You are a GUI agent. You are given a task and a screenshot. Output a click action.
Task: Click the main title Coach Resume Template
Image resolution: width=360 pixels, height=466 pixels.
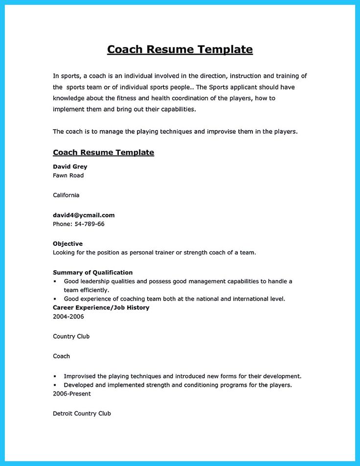pos(180,49)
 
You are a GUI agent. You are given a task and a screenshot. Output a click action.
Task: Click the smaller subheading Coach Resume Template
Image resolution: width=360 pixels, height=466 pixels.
pos(103,153)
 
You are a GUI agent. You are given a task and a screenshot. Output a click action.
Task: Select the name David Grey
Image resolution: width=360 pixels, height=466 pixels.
pos(70,166)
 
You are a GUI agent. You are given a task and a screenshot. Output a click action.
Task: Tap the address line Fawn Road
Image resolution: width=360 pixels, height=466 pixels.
pos(68,175)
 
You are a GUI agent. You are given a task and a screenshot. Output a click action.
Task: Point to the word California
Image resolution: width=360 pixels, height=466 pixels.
pos(66,195)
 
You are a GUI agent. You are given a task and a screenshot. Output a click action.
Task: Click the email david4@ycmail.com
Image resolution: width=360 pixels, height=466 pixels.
pos(84,215)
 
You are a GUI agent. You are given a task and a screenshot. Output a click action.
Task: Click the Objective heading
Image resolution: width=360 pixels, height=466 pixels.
pos(67,244)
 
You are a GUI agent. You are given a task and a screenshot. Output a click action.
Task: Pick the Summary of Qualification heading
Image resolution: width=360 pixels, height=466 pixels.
pos(92,273)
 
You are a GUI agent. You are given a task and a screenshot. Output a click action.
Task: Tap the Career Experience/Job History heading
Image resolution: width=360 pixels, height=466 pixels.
pos(101,308)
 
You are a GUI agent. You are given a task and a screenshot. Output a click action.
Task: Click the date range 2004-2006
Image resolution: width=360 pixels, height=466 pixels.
pos(68,317)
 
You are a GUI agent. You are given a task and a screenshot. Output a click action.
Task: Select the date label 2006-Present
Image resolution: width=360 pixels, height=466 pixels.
pos(71,394)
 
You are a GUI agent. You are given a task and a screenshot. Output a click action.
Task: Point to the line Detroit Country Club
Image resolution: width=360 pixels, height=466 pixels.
pos(82,414)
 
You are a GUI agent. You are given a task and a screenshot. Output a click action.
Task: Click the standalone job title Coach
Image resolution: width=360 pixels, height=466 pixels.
pos(61,356)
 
